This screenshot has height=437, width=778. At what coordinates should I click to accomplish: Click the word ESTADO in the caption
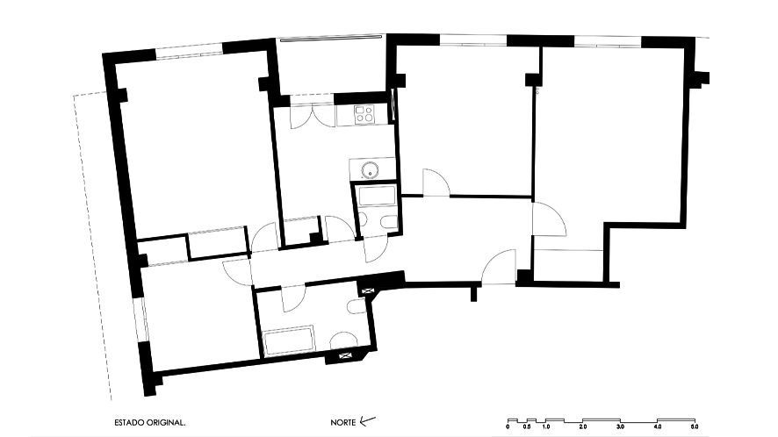(129, 423)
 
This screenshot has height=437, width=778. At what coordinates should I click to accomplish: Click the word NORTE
(342, 423)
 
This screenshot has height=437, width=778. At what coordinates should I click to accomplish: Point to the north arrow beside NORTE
(368, 421)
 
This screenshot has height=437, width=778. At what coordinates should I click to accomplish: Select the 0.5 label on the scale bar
(527, 426)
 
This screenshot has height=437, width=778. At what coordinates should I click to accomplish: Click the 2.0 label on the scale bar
(583, 426)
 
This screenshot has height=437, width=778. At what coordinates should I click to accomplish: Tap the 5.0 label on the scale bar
(695, 426)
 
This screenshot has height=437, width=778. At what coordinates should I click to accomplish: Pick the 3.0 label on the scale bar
(620, 426)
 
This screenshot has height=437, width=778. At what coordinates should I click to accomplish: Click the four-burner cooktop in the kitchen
(364, 115)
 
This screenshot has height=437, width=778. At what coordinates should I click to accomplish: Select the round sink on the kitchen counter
(369, 170)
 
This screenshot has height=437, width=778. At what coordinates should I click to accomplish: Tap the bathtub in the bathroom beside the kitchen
(377, 196)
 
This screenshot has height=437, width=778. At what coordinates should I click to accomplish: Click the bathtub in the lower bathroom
(289, 340)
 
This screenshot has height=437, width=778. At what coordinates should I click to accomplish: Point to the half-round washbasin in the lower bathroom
(344, 340)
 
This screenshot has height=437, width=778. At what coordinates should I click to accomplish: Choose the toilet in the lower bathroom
(357, 306)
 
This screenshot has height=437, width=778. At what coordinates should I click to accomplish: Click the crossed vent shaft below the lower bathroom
(345, 355)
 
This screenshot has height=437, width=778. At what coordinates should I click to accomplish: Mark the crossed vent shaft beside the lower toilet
(368, 290)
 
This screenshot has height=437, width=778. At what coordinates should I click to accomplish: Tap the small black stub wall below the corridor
(473, 294)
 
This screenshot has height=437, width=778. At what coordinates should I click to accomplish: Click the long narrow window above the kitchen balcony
(331, 37)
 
